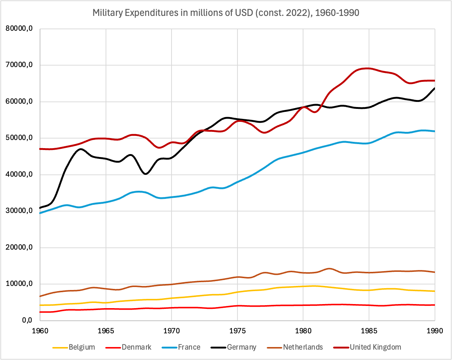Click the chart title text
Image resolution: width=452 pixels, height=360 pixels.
[x=226, y=13]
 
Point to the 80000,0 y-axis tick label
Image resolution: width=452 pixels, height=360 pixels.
[x=20, y=29]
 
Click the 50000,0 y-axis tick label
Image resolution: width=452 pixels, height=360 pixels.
[x=20, y=138]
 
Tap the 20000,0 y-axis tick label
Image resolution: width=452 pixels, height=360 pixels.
[x=20, y=247]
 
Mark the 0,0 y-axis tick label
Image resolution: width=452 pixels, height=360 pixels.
[x=26, y=320]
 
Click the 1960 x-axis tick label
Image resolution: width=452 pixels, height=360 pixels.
[x=40, y=330]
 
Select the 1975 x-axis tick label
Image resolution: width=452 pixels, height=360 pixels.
[x=237, y=330]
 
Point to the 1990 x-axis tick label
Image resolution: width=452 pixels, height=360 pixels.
[x=434, y=330]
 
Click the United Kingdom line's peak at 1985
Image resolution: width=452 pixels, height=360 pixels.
[x=368, y=68]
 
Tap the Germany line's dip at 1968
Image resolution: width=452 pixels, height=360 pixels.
[x=145, y=174]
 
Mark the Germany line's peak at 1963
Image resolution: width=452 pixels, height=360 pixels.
[x=80, y=149]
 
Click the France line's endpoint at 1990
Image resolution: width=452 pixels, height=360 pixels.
[x=434, y=131]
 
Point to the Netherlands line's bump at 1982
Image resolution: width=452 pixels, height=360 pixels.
[x=329, y=269]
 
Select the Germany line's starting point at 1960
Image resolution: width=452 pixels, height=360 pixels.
[x=40, y=208]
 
